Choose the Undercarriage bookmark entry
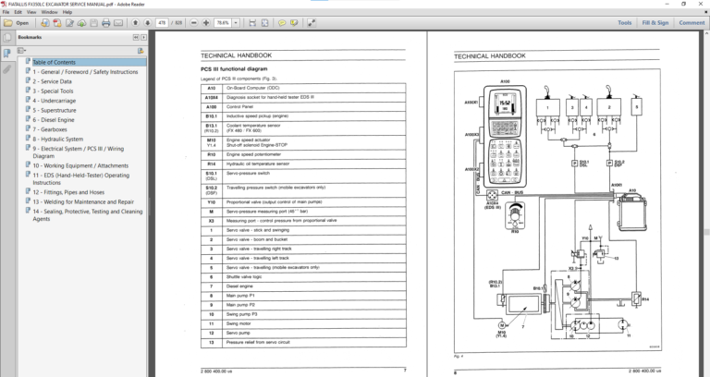coord(58,100)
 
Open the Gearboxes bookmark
coord(54,129)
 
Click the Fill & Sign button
coord(655,22)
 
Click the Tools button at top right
coord(625,22)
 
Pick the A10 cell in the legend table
coord(211,89)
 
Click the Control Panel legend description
coord(245,106)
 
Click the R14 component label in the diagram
coord(645,299)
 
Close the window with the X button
coord(701,4)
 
